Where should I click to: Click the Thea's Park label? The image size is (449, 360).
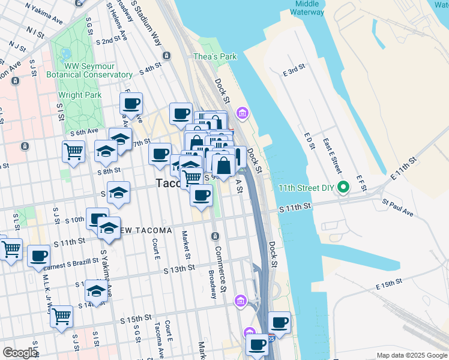215,57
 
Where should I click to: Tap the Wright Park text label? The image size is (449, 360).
79,95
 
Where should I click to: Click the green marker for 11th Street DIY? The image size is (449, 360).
343,187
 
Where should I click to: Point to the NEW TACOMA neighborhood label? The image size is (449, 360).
144,231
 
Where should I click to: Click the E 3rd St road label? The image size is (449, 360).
294,71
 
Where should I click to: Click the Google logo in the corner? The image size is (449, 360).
20,353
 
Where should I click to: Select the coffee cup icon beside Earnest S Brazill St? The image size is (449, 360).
39,256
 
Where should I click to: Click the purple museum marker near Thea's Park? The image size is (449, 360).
243,113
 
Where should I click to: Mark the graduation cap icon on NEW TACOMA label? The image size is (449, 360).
109,227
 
